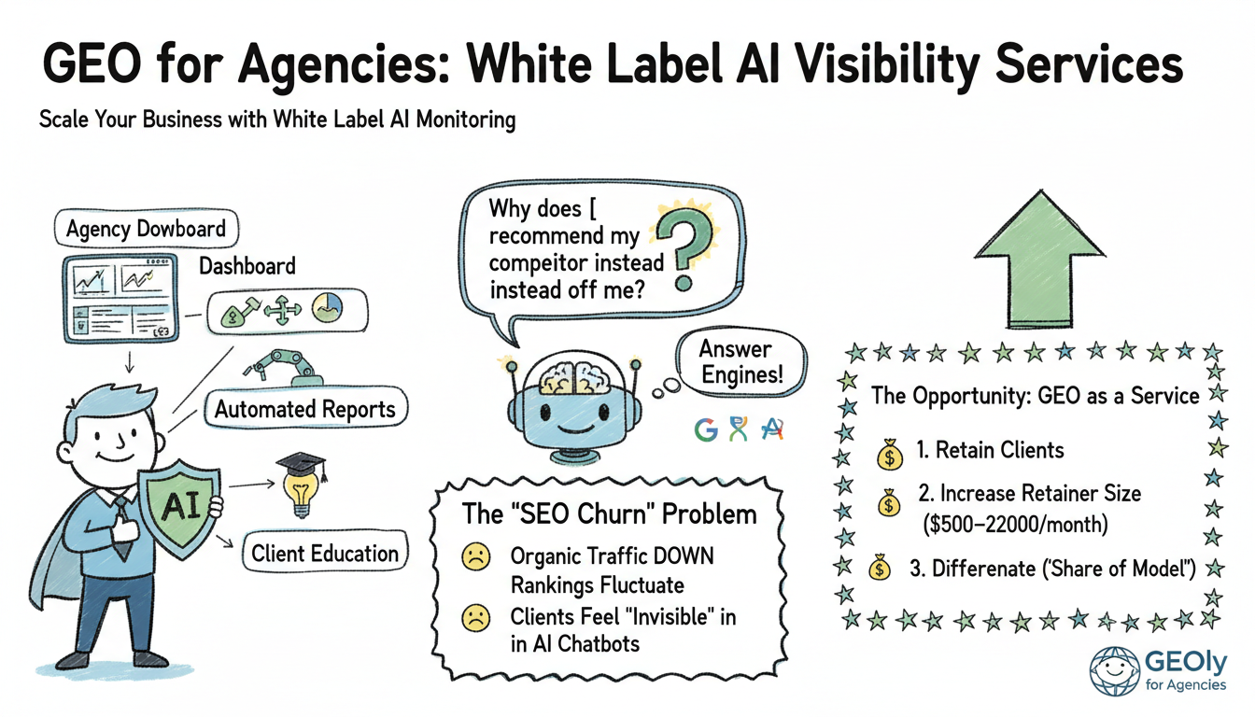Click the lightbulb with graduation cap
[300, 485]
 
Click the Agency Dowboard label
[146, 229]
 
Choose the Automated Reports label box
[305, 409]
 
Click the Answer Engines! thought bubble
[736, 364]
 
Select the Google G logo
[706, 429]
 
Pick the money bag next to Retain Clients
[890, 455]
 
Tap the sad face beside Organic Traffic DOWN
[475, 558]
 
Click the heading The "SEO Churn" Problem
[610, 514]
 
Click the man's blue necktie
[121, 532]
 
